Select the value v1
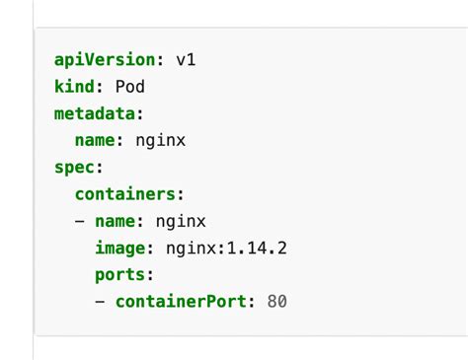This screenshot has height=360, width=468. pos(186,59)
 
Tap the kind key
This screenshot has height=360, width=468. pos(74,87)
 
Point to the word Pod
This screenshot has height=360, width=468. pos(130,87)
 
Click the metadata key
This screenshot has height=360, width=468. pos(95,113)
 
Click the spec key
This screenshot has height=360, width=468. pos(74,167)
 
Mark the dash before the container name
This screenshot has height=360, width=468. pos(80,221)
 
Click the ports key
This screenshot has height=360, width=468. pos(120,274)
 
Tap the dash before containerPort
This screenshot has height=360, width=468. pos(101,302)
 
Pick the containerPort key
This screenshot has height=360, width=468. pos(183,301)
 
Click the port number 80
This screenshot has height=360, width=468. pos(276,301)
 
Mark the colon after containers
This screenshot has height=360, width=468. pos(181,194)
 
